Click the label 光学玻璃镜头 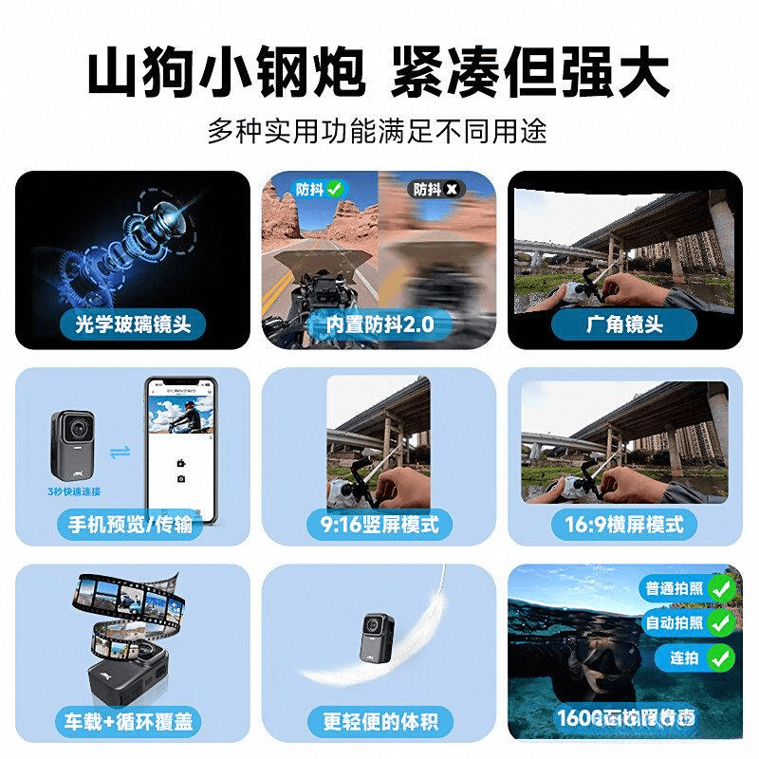[x=133, y=324]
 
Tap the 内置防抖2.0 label [x=379, y=324]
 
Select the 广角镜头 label [x=624, y=324]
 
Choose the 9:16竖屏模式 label [x=379, y=524]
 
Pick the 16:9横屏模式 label [x=624, y=524]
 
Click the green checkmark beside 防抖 [x=335, y=189]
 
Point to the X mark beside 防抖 [x=453, y=189]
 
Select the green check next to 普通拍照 [x=721, y=589]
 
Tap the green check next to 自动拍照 [x=721, y=622]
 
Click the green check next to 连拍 [x=721, y=657]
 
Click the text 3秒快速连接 [x=73, y=491]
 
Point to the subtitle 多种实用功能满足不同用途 [x=379, y=130]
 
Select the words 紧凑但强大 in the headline [x=531, y=71]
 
